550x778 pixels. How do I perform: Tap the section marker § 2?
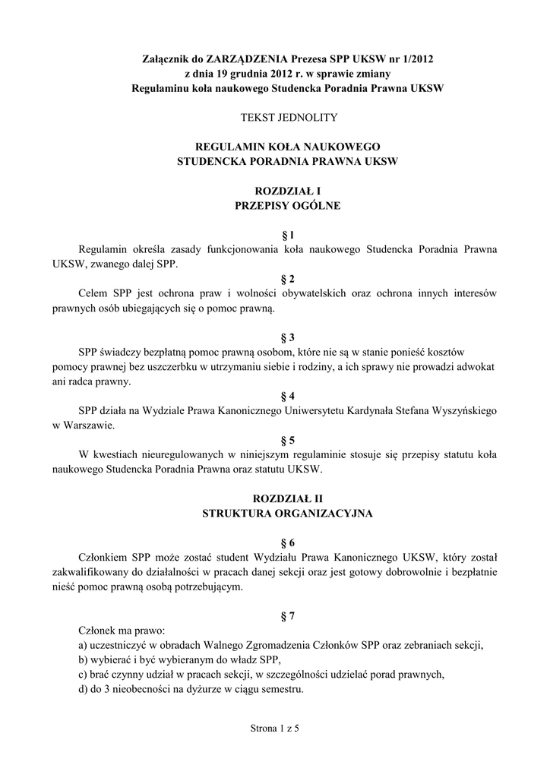point(287,279)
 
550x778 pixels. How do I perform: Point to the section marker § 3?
point(287,337)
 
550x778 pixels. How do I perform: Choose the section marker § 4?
point(287,396)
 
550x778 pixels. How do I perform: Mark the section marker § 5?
point(287,439)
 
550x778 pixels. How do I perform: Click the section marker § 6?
point(287,542)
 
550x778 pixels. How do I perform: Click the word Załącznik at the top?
point(168,59)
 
